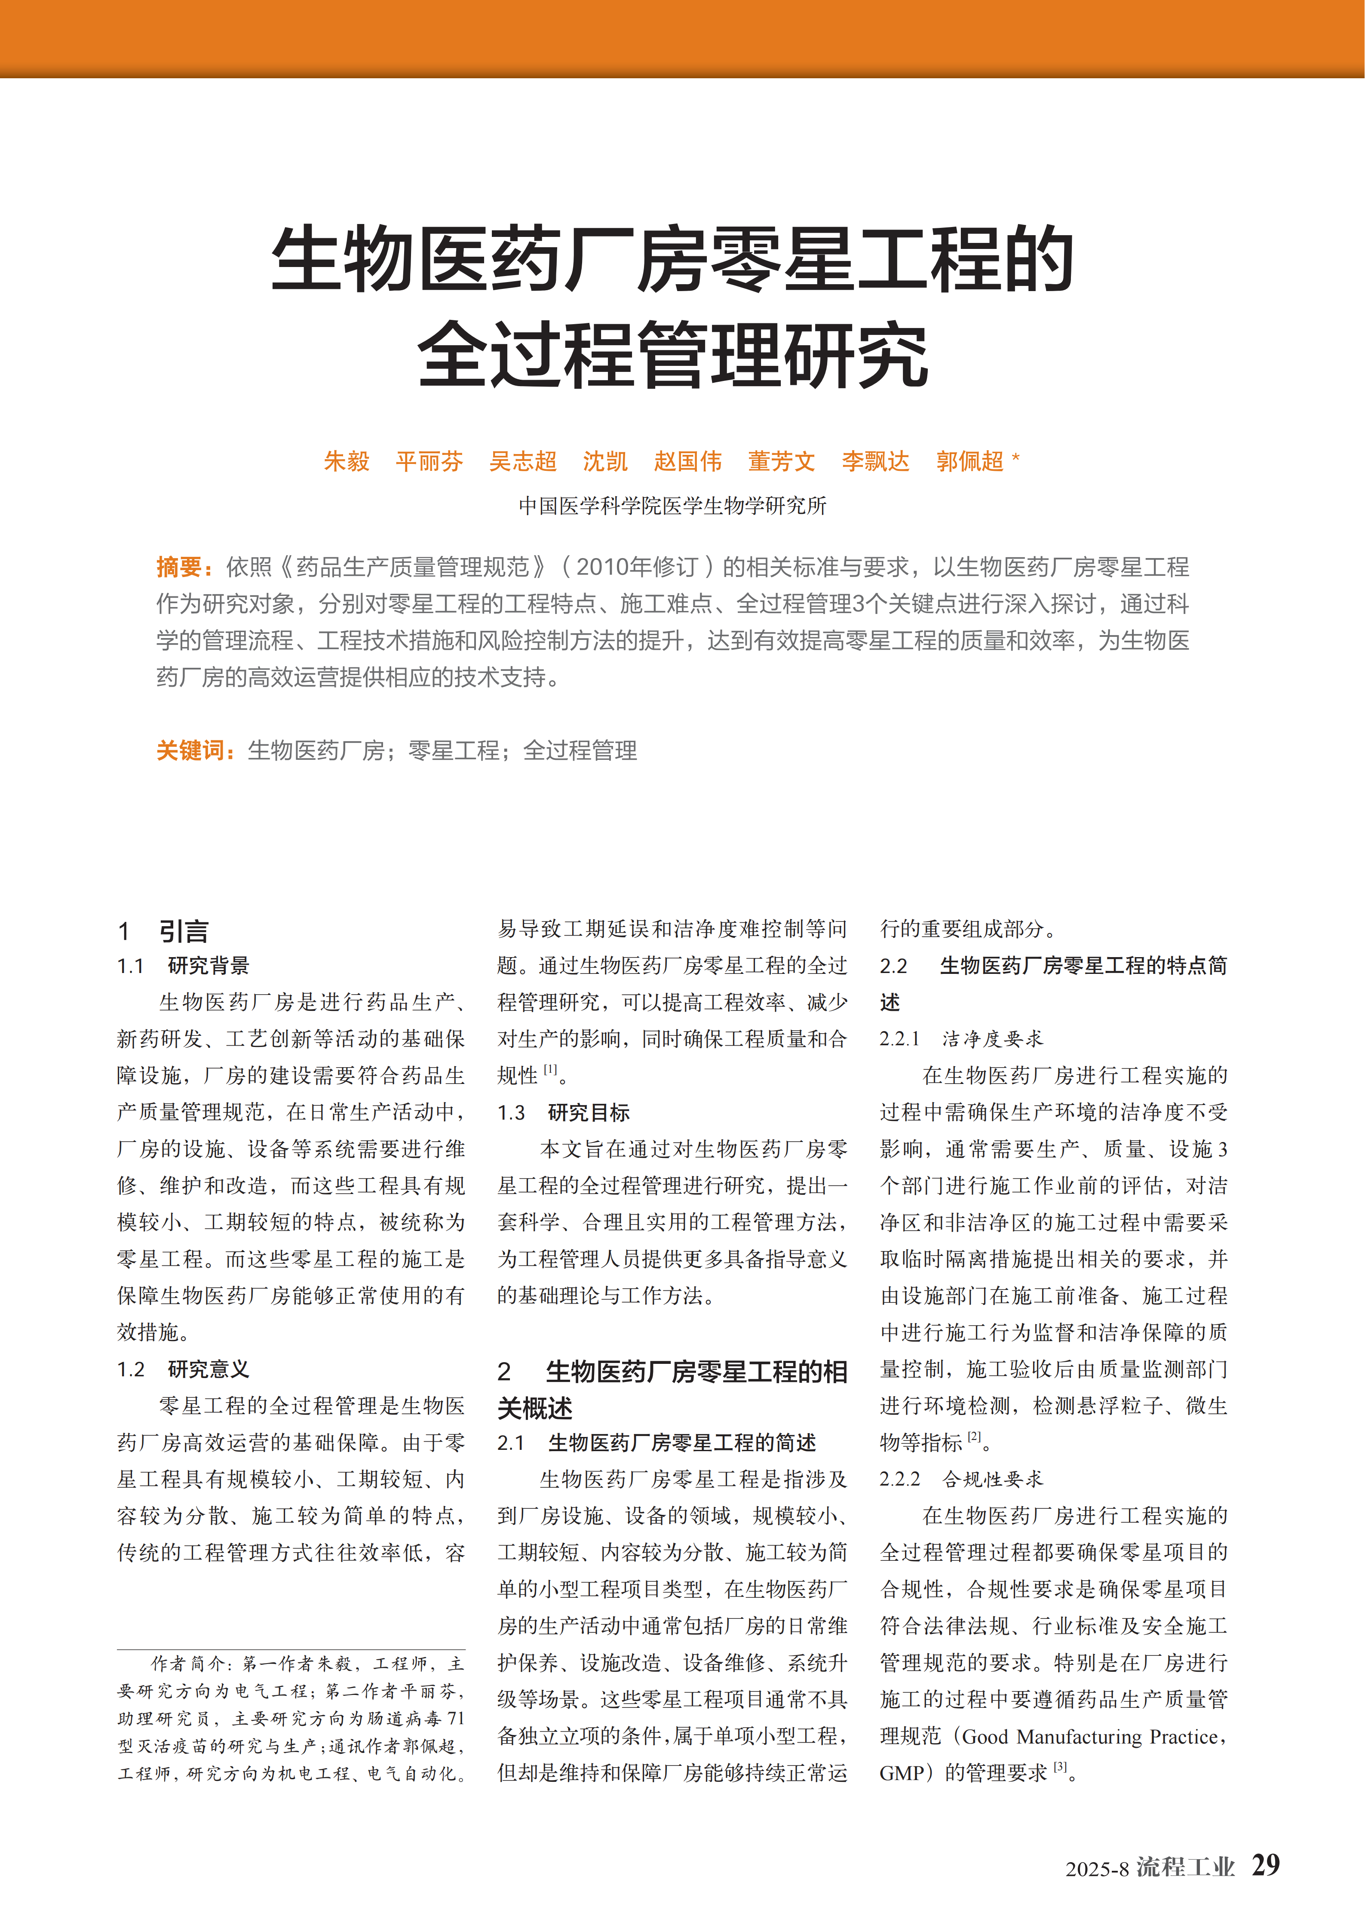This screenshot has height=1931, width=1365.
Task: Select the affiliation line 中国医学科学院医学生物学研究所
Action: click(673, 506)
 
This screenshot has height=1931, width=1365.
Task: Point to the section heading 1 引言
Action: click(163, 931)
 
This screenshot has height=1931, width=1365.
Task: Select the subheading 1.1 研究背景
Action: click(183, 966)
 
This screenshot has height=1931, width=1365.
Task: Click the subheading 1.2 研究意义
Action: click(183, 1369)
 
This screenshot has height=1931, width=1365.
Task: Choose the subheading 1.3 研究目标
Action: click(564, 1113)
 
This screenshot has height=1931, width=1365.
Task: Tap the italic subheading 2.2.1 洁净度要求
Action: click(961, 1039)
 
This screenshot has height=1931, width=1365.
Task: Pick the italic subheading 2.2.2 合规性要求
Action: click(961, 1480)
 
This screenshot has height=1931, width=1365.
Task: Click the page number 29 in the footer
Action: click(1265, 1865)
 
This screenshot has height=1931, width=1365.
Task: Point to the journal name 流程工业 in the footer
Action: click(1185, 1867)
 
